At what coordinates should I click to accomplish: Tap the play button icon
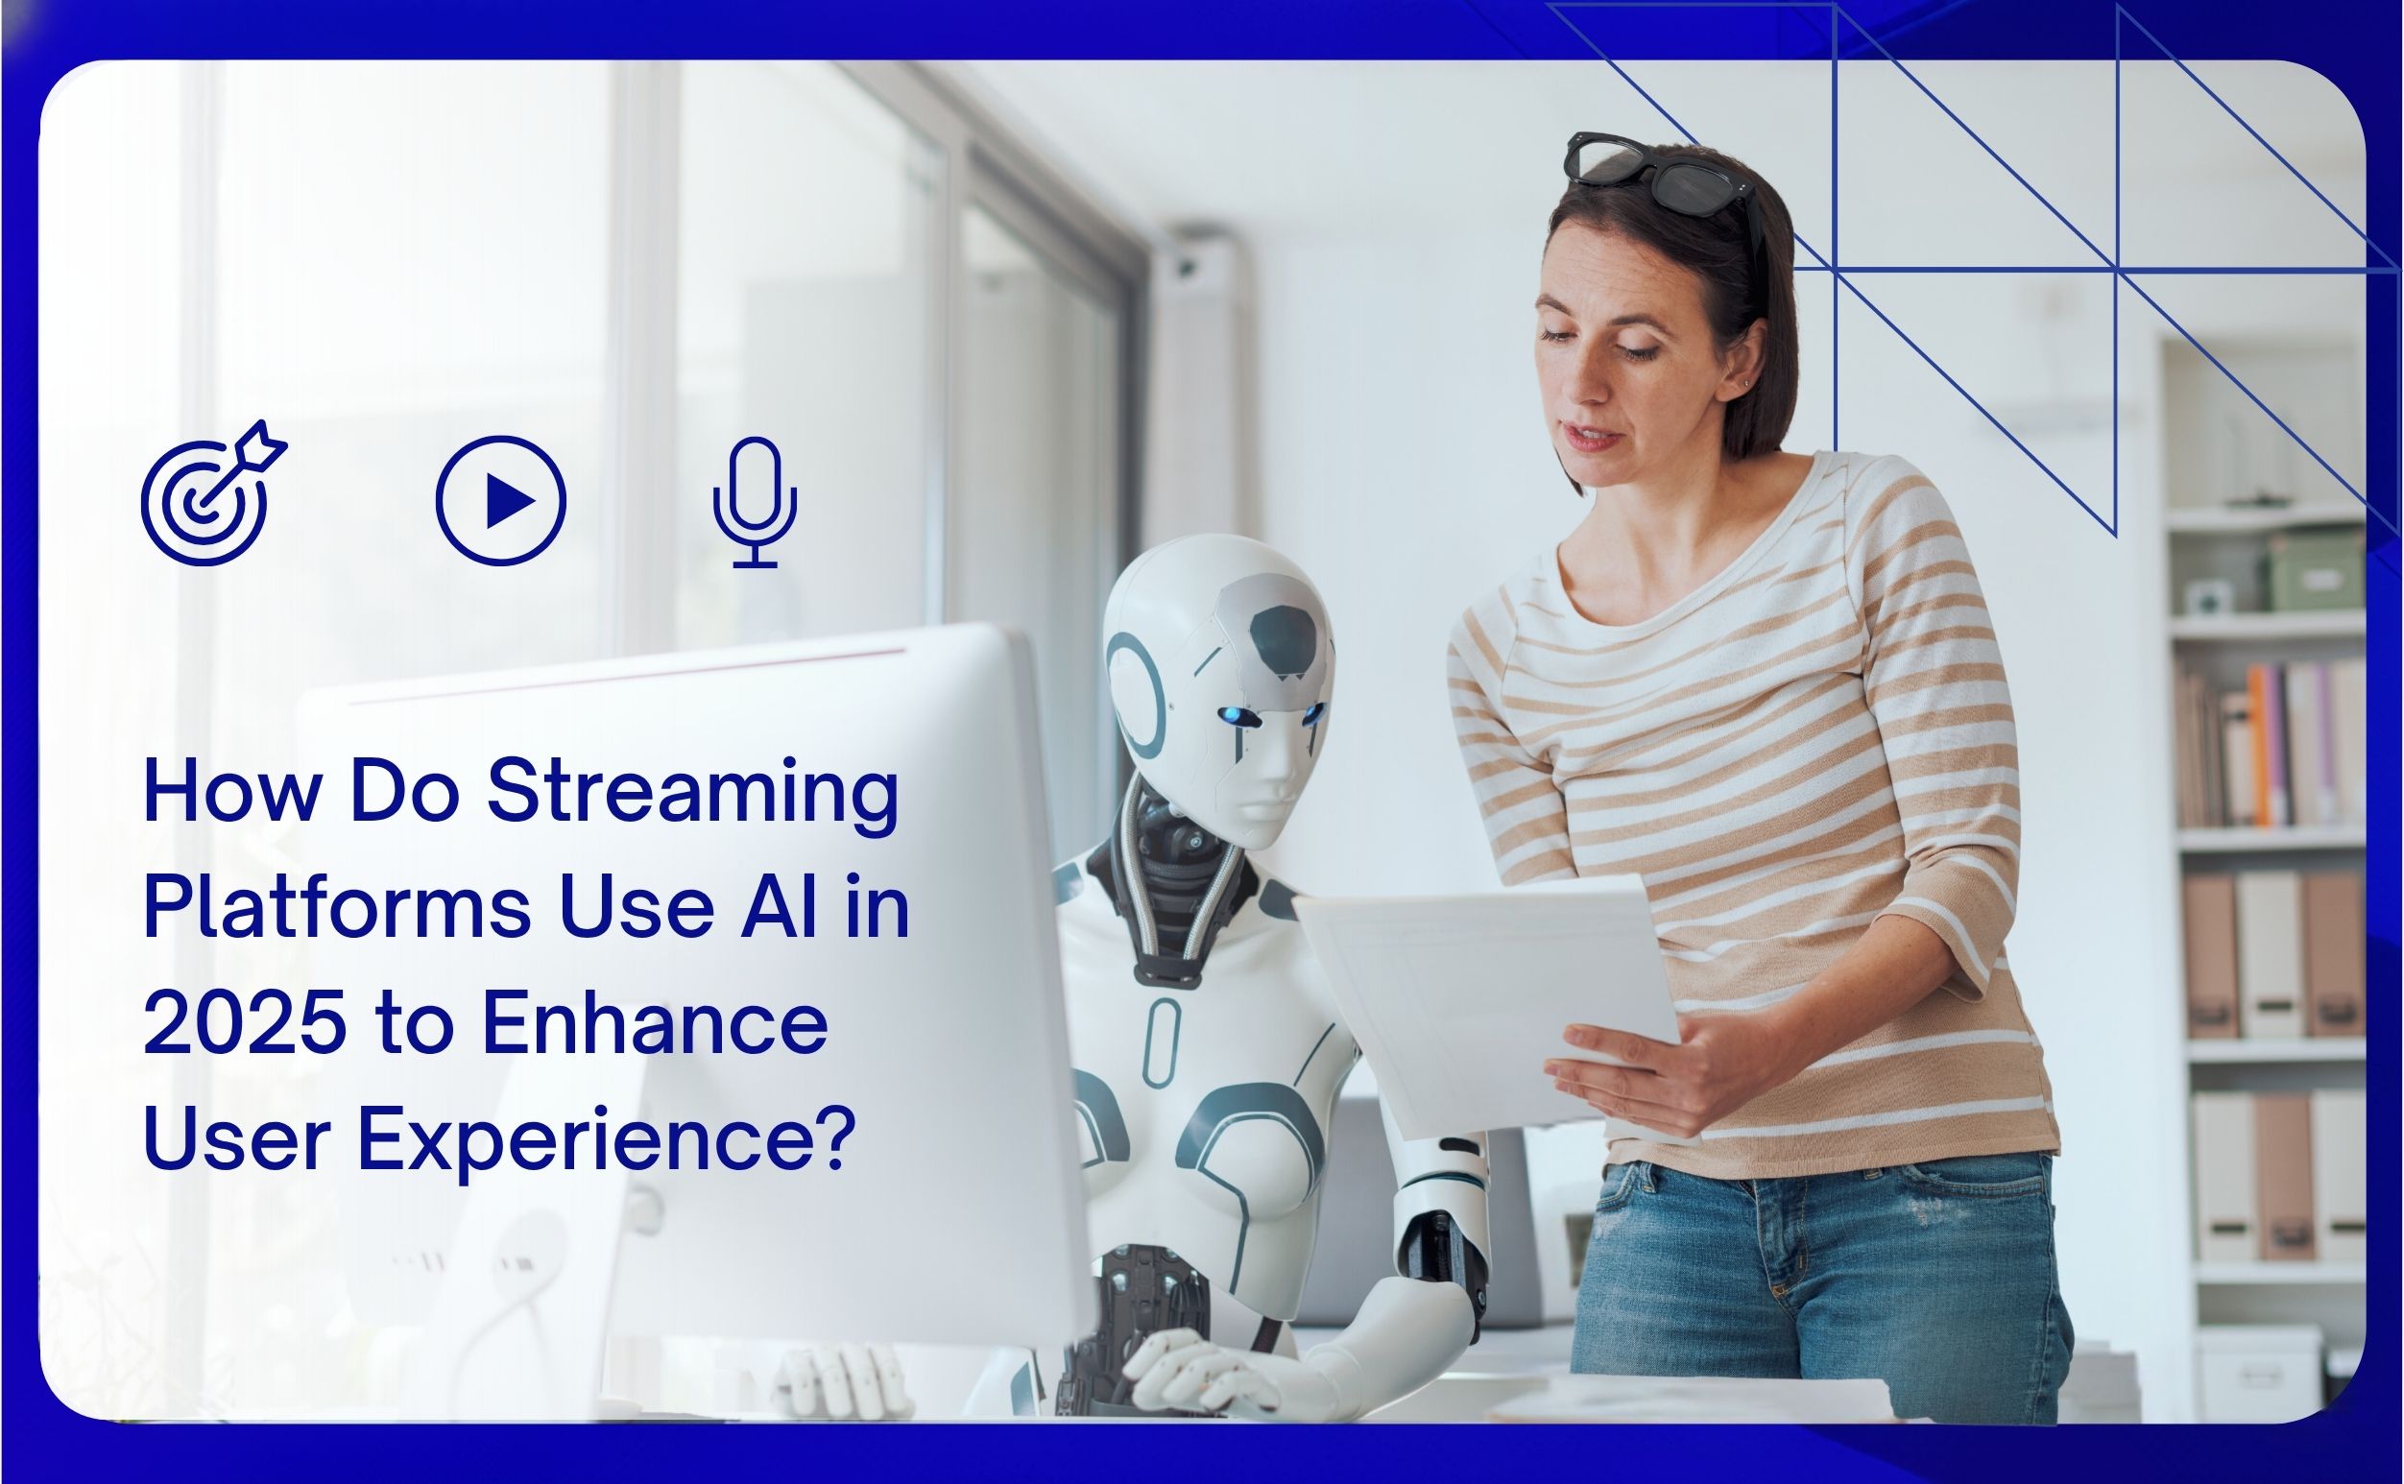coord(500,500)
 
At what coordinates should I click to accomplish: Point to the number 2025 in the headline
coord(245,1024)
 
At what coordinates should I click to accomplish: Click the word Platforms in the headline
coord(337,909)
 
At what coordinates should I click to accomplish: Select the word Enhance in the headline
coord(655,1024)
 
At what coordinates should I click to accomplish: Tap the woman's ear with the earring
coord(1744,369)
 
